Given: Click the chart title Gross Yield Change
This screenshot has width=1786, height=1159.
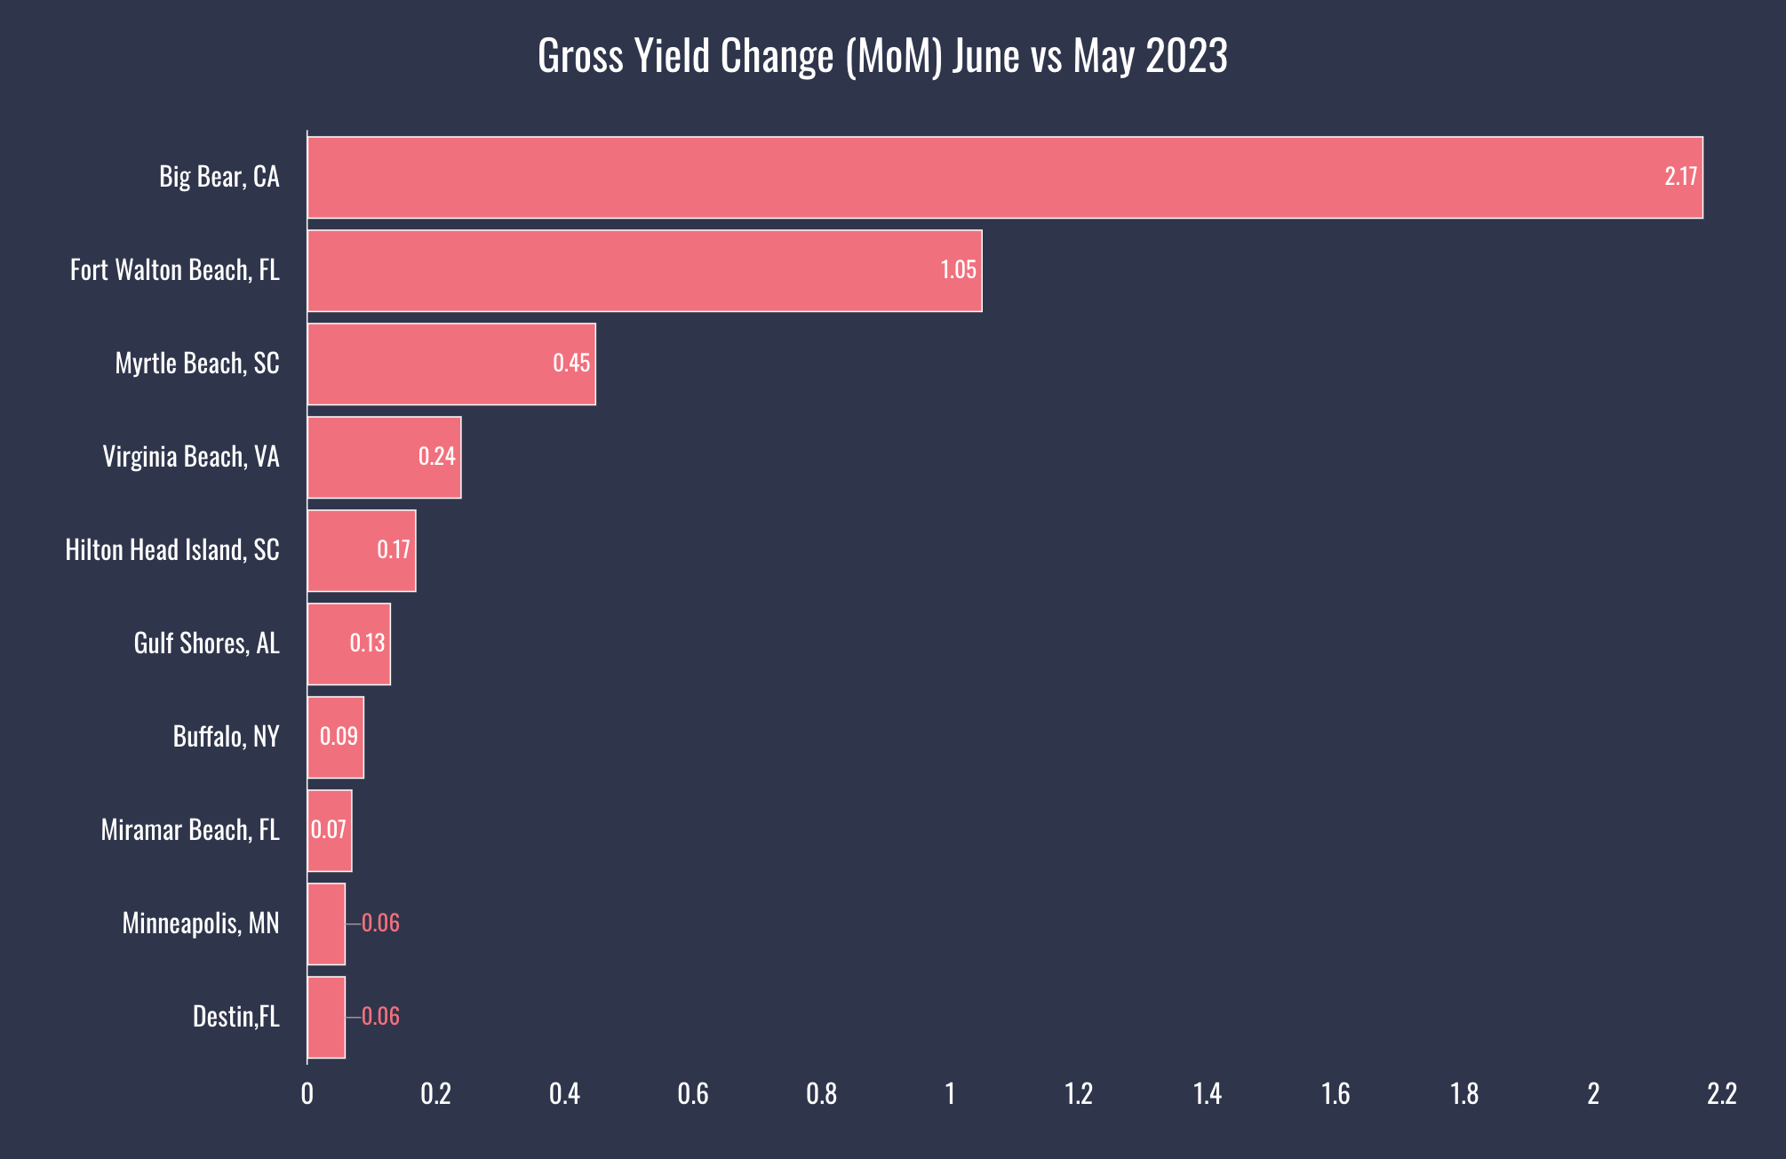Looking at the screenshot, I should (x=882, y=56).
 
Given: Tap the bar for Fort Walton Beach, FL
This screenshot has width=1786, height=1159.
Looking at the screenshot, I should (x=644, y=270).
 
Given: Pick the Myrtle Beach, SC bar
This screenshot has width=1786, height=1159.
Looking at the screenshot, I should (x=451, y=364).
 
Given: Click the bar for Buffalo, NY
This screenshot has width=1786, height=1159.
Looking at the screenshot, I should (x=335, y=737).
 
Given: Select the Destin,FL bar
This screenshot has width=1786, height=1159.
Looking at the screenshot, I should (x=326, y=1017).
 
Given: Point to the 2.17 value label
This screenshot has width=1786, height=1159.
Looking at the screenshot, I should (x=1680, y=177).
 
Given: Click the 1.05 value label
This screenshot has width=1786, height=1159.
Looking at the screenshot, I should (x=958, y=270).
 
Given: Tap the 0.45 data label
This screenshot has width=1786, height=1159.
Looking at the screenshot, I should (x=571, y=364).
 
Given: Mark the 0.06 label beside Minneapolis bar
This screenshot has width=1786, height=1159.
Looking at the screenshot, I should (x=380, y=923).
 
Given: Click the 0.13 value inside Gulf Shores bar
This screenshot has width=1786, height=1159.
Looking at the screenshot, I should (x=367, y=643).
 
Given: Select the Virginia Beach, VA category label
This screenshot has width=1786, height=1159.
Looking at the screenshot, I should (x=191, y=457).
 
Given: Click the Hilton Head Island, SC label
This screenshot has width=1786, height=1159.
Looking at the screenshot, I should (x=172, y=550).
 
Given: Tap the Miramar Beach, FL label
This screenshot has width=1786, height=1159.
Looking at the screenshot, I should (x=190, y=830).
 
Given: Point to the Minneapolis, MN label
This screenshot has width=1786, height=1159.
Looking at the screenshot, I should (x=201, y=923).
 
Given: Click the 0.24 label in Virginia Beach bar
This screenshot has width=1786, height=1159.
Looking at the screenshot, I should (x=436, y=457).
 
